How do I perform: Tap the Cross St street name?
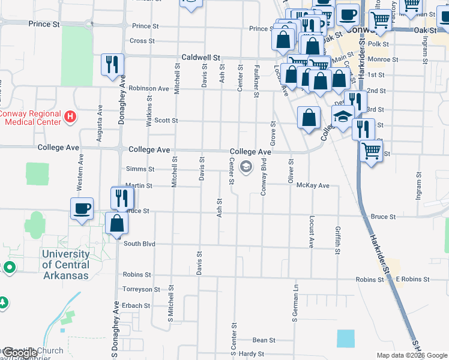tap(142, 41)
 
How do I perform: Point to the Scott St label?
tap(166, 120)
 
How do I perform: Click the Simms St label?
tap(139, 169)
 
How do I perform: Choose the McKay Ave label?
tap(313, 185)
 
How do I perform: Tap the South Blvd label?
tap(139, 244)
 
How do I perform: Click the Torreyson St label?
tap(141, 289)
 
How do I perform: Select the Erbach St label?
tap(136, 305)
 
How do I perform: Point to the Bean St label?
tap(264, 340)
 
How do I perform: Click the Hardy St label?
tap(252, 354)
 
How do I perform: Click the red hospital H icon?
tap(70, 116)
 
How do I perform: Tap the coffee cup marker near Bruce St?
tap(82, 209)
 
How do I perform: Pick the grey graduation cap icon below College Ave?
tap(246, 166)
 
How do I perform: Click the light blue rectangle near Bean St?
tap(346, 338)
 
